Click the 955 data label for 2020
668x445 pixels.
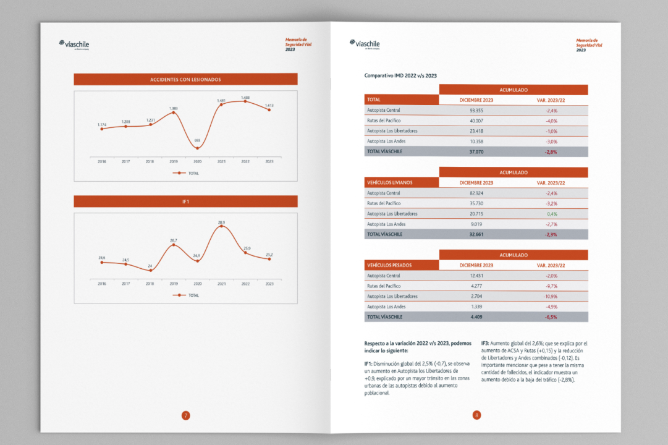click(x=197, y=140)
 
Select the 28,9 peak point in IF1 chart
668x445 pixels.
click(x=221, y=227)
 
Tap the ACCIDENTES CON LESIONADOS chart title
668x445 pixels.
click(x=185, y=79)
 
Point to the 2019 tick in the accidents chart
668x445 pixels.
click(x=174, y=161)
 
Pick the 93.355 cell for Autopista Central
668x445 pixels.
click(x=476, y=110)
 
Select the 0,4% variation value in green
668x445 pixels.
click(x=551, y=214)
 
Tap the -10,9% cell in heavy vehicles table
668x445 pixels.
click(x=551, y=297)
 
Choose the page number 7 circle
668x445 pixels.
click(x=185, y=415)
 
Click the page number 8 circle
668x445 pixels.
click(x=476, y=415)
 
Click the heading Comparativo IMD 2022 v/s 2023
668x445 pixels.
click(x=400, y=75)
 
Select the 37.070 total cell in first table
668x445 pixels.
click(x=476, y=151)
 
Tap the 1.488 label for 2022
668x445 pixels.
click(x=245, y=97)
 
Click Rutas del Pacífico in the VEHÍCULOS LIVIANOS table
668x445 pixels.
click(x=384, y=203)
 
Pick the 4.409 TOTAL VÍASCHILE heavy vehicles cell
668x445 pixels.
click(x=476, y=317)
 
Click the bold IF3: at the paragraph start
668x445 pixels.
click(x=485, y=343)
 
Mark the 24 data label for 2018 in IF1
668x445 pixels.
click(x=150, y=266)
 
